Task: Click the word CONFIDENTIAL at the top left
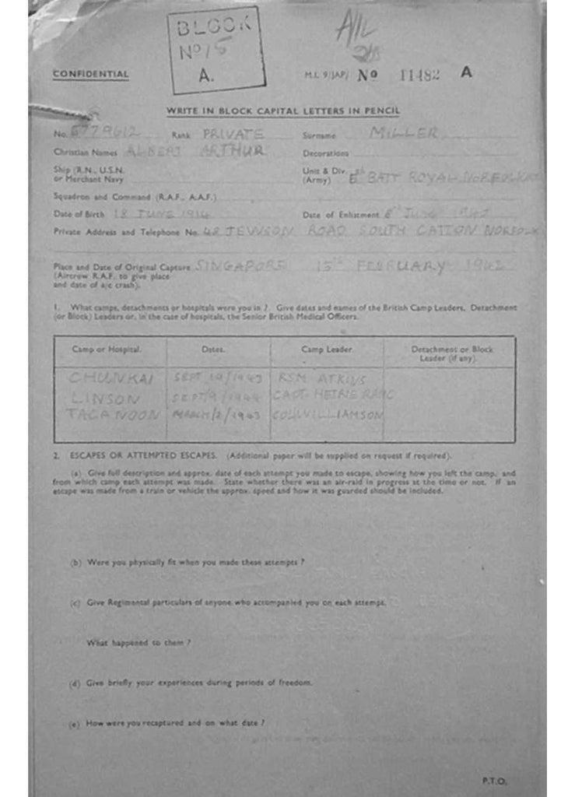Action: click(91, 75)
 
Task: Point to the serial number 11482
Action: click(419, 75)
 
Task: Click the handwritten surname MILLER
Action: click(403, 133)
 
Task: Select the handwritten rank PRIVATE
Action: click(233, 134)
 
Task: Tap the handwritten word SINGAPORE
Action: click(240, 267)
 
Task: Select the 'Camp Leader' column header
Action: click(326, 349)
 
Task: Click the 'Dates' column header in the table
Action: click(213, 349)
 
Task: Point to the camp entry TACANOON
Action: click(113, 414)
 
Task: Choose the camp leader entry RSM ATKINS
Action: click(314, 377)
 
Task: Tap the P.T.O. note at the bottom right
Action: click(493, 780)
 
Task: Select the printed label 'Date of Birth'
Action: click(79, 214)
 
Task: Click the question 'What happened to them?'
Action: click(138, 643)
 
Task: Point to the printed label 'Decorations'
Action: click(325, 153)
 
